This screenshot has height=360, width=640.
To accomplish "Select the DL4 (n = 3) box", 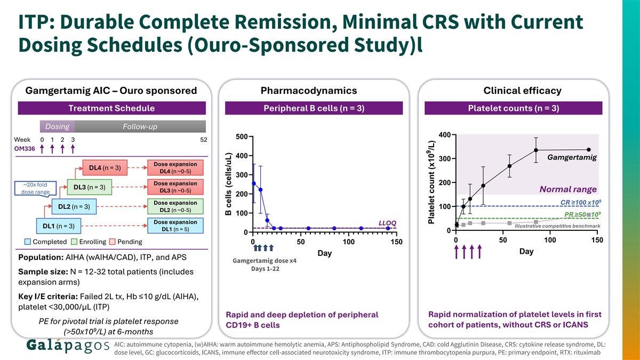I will [x=105, y=168].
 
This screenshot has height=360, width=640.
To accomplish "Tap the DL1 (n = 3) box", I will [x=59, y=226].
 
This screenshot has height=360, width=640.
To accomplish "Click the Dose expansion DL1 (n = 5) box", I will [x=175, y=226].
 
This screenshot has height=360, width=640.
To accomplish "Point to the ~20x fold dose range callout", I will [x=36, y=188].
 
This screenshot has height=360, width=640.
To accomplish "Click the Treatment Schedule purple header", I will [x=111, y=109].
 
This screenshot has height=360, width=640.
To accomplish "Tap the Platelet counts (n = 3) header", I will [x=513, y=109].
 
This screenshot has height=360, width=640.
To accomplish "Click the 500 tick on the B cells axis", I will [x=241, y=137].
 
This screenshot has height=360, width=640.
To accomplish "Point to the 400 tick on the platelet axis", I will [x=445, y=134].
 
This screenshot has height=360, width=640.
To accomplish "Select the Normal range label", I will [x=567, y=189].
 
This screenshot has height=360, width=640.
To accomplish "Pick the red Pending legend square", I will [x=112, y=242].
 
